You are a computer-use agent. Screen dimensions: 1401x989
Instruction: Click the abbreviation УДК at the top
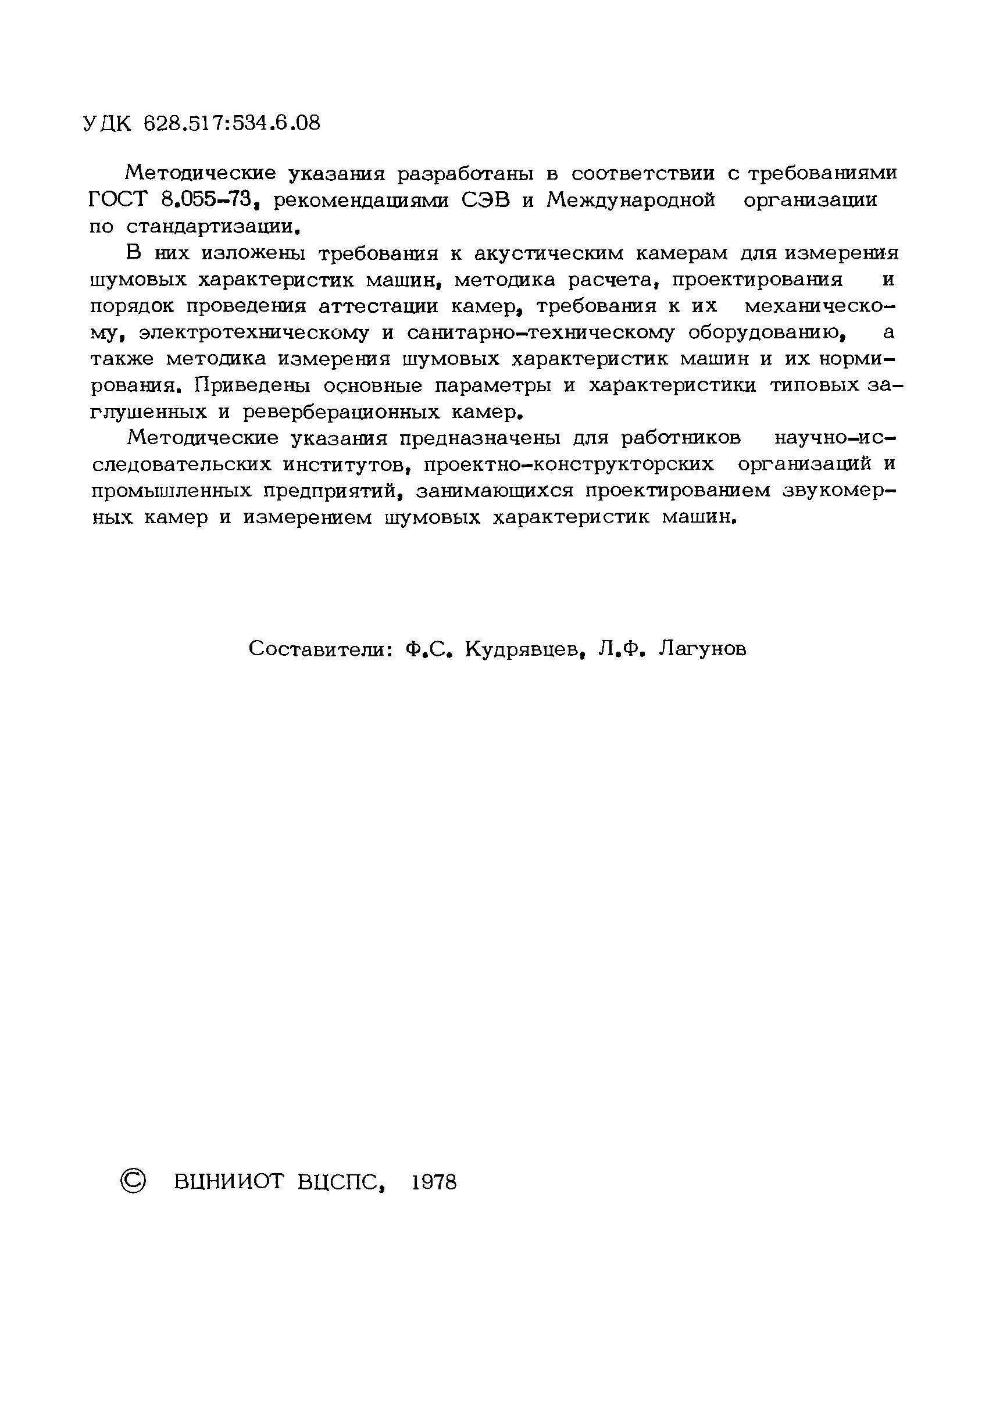(106, 124)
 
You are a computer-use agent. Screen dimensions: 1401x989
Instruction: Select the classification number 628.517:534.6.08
(231, 124)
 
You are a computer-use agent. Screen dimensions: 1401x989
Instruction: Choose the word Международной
(630, 200)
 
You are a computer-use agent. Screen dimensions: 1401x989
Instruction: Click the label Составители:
(320, 649)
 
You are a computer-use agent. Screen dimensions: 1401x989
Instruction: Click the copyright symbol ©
(133, 1182)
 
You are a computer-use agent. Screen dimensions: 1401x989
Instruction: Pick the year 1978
(434, 1182)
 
